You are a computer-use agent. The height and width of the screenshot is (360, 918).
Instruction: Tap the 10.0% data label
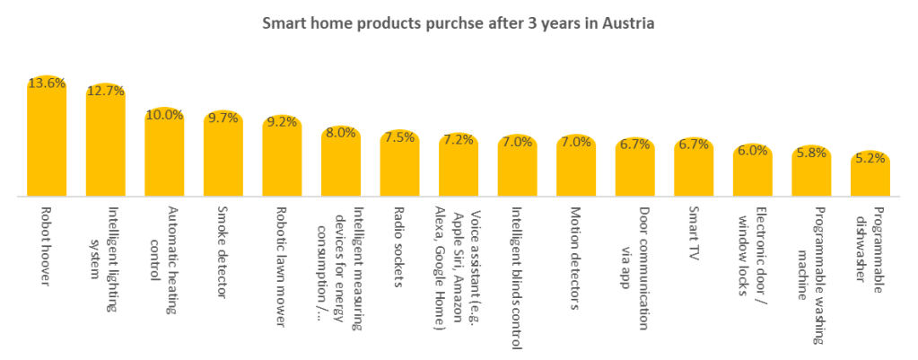tap(164, 115)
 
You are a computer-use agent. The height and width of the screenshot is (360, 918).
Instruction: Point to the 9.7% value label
tap(223, 118)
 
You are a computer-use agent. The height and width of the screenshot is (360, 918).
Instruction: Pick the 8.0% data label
tap(341, 133)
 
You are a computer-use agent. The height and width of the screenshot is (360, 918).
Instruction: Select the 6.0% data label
tap(753, 151)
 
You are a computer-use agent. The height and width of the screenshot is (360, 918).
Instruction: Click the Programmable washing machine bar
tap(811, 175)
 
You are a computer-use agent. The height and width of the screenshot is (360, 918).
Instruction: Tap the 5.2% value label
tap(870, 158)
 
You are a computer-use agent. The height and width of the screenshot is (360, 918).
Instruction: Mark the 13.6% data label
tap(47, 83)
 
